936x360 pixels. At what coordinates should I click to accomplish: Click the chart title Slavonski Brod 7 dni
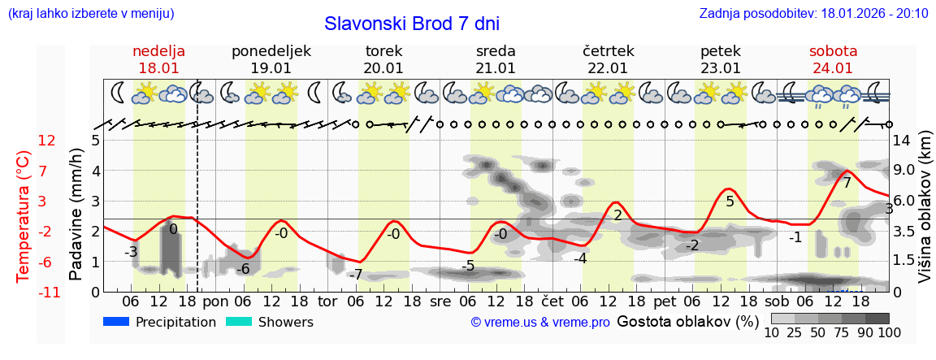pos(411,24)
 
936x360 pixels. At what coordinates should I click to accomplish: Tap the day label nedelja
pos(159,51)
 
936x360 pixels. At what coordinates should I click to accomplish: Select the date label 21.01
pos(496,68)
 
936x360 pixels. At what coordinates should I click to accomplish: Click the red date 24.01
pos(833,68)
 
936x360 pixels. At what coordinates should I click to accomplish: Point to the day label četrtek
pos(609,51)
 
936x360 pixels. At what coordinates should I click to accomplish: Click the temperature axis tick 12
pos(47,140)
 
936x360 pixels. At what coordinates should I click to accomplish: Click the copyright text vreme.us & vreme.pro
pos(540,323)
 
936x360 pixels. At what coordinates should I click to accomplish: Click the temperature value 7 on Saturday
pos(847,184)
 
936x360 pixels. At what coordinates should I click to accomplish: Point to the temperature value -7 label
pos(354,275)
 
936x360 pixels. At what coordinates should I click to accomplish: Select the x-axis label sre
pos(440,301)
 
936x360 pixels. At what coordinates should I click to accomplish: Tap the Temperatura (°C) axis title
pos(24,215)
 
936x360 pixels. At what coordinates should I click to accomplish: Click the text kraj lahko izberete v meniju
pos(90,13)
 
